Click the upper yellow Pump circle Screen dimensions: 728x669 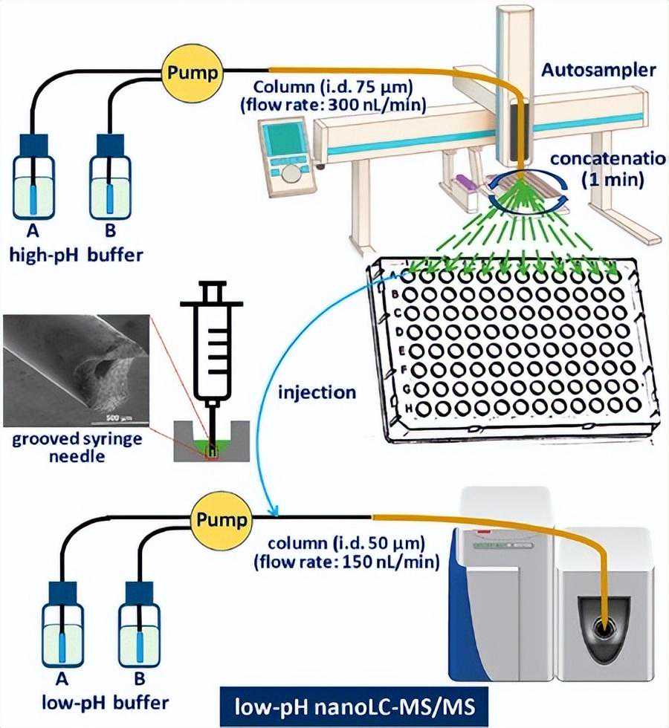(x=193, y=72)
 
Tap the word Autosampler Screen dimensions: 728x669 (x=598, y=71)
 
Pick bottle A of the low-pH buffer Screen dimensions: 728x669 (x=65, y=632)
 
